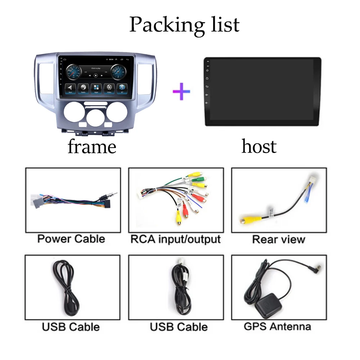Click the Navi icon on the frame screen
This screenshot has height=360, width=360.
(70, 88)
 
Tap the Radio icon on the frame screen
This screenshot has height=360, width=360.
(83, 88)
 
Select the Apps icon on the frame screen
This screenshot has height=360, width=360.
(96, 88)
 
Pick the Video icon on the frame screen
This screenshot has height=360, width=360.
(109, 88)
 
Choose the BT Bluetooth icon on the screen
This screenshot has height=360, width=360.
(122, 88)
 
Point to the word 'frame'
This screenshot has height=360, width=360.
(92, 147)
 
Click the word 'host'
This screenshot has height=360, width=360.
(259, 147)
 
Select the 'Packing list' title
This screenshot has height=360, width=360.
(184, 24)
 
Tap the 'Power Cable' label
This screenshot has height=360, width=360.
(71, 239)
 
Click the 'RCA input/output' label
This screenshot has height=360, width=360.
(176, 239)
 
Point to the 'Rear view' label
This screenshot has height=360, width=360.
(279, 239)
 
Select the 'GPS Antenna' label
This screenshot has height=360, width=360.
(277, 327)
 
